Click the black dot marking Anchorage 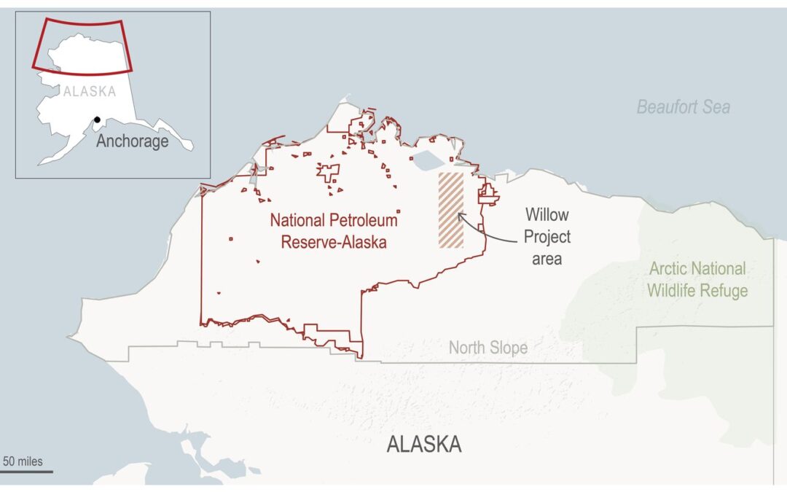point(97,120)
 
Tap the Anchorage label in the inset point(133,141)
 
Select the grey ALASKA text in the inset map point(90,92)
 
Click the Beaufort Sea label point(683,107)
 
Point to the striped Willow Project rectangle point(450,210)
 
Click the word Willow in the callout point(548,215)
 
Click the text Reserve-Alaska point(334,242)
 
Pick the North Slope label point(488,348)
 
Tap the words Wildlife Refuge point(697,291)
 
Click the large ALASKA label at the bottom point(423,444)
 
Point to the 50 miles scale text point(23,461)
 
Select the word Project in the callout point(547,236)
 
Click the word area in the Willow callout point(547,258)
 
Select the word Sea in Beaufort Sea point(716,107)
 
